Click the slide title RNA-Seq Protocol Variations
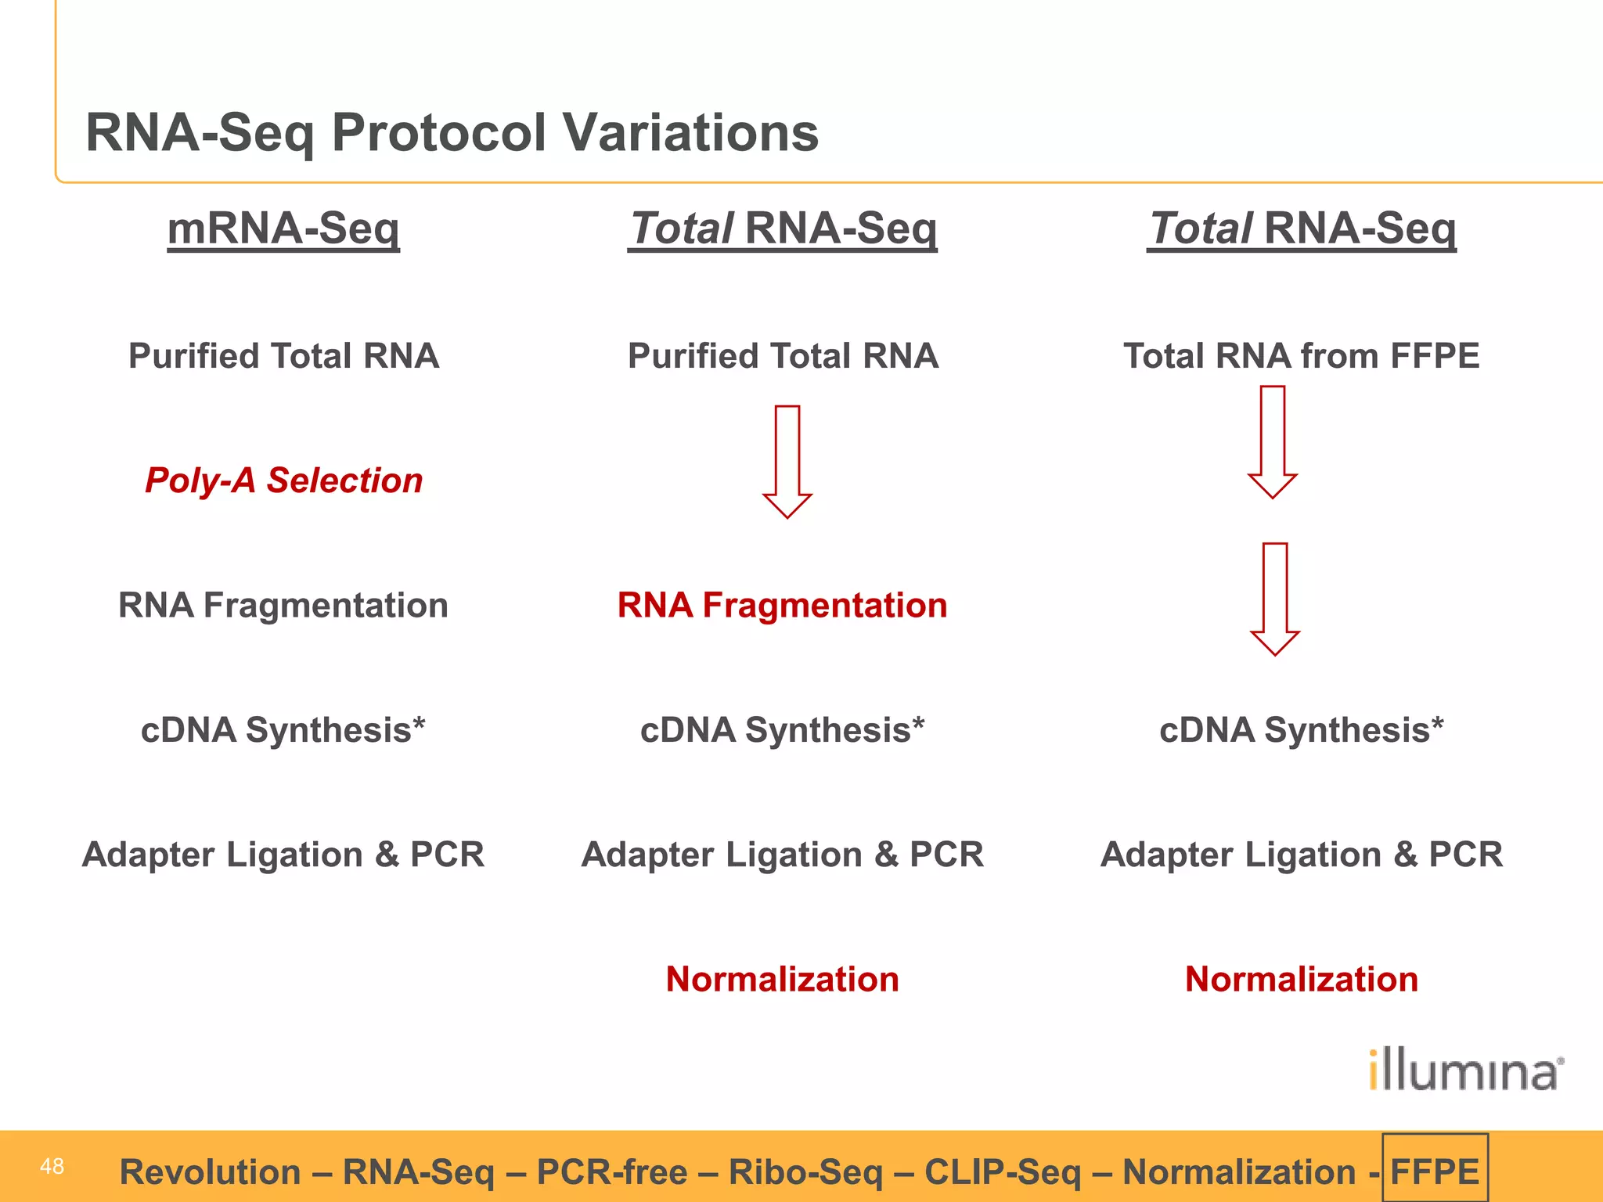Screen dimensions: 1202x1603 452,132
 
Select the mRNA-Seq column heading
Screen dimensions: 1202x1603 283,229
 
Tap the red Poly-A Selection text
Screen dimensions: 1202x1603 283,480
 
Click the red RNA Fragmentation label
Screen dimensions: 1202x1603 782,605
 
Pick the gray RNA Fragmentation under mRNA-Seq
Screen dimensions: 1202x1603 283,605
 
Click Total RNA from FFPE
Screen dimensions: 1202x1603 1301,356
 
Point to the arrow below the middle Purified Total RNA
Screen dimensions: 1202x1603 787,462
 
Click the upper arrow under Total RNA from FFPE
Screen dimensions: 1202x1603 1273,442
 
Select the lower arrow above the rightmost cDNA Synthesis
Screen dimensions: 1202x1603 1275,599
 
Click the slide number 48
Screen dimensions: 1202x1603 52,1166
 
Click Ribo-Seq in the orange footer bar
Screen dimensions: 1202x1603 805,1171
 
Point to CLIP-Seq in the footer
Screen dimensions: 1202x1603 1003,1171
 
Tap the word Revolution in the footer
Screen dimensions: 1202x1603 210,1171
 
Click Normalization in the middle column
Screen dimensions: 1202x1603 782,979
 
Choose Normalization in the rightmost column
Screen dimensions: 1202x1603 1301,979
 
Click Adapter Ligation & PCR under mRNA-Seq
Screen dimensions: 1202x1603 283,854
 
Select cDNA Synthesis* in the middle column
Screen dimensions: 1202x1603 782,729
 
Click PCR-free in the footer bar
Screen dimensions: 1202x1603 612,1171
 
